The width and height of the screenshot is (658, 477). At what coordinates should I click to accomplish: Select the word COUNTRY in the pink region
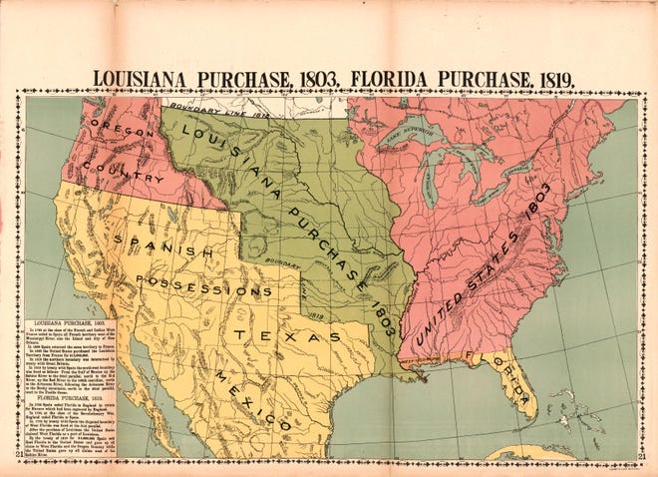coord(124,171)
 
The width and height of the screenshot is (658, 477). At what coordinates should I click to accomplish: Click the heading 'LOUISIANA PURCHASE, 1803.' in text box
coord(71,325)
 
